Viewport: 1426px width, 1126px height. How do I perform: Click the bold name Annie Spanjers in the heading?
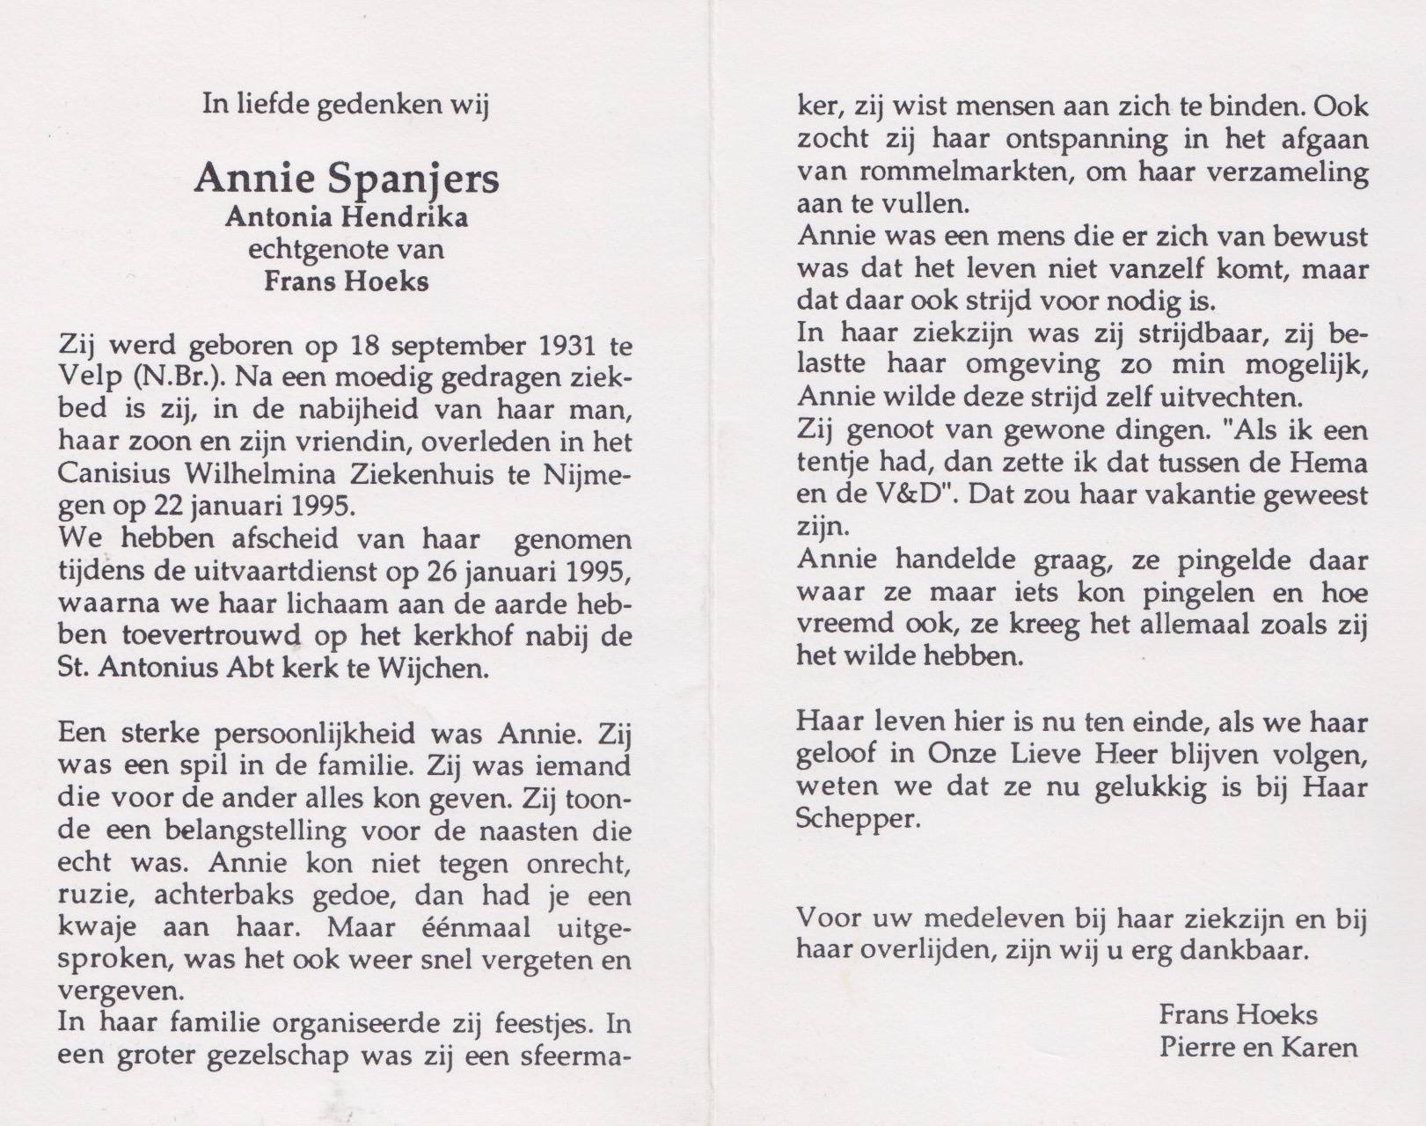(347, 179)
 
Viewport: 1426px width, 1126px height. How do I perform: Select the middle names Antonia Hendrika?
(347, 216)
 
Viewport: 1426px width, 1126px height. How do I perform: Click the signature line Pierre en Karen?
(1257, 1048)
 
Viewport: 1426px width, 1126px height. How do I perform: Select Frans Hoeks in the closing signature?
(1237, 1015)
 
